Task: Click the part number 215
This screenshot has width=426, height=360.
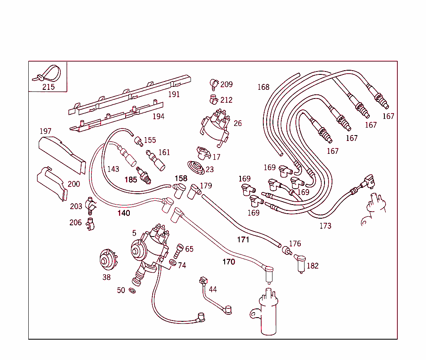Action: coord(48,87)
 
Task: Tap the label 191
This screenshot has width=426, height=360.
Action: coord(174,94)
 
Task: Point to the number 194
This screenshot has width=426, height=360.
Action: coord(158,117)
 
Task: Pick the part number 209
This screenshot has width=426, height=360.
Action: coord(227,85)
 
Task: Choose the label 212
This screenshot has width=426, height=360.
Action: coord(227,100)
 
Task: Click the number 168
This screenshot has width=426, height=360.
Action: coord(263,87)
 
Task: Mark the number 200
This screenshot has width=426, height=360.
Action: coord(74,184)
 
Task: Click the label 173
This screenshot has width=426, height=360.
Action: coord(325,226)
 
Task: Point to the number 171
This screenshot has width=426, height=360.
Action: coord(243,240)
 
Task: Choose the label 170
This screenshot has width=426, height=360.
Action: coord(228,262)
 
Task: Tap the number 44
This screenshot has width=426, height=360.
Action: coord(213,289)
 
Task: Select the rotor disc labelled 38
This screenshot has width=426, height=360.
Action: coord(107,260)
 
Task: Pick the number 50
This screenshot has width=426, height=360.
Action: coord(121,290)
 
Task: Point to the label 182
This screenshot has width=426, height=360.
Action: coord(312,266)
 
